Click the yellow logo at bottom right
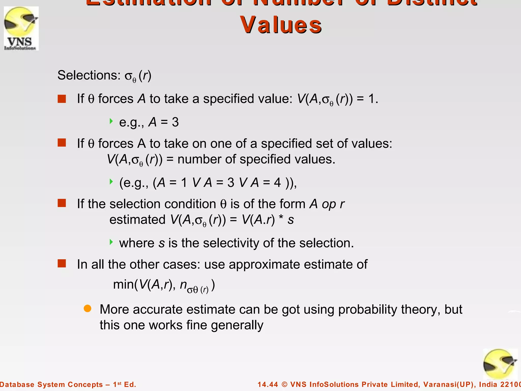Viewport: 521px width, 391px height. click(500, 364)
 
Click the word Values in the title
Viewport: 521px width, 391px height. click(281, 25)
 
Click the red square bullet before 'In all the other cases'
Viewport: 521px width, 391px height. click(62, 263)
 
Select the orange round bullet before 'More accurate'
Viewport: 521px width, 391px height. click(88, 309)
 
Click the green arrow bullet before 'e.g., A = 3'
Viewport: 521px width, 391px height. click(111, 121)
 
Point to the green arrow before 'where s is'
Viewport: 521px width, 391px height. click(111, 242)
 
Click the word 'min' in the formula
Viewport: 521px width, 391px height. click(122, 284)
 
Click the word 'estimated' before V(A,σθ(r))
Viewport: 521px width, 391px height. click(137, 219)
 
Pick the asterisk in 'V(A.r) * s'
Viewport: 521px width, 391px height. click(281, 218)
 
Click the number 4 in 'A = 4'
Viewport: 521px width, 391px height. click(278, 183)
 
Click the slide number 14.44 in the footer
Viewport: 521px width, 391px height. click(268, 384)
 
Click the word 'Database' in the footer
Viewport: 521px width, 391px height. click(17, 384)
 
